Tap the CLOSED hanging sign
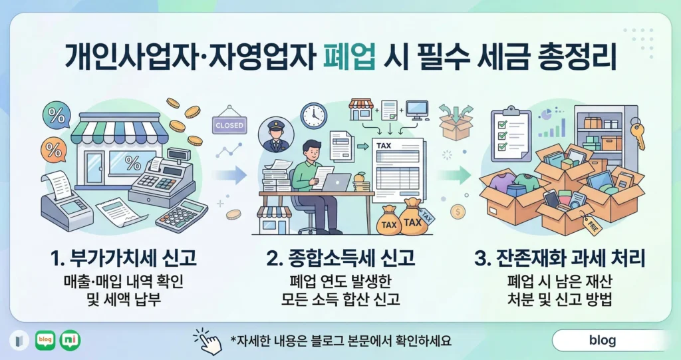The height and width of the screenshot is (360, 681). [x=229, y=124]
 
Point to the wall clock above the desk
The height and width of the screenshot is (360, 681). [x=313, y=115]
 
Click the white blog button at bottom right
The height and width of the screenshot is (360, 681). [x=602, y=341]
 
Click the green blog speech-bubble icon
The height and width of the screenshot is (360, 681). [x=45, y=340]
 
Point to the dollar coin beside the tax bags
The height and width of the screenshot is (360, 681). [x=458, y=212]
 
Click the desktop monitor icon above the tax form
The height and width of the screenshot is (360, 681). [x=416, y=109]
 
